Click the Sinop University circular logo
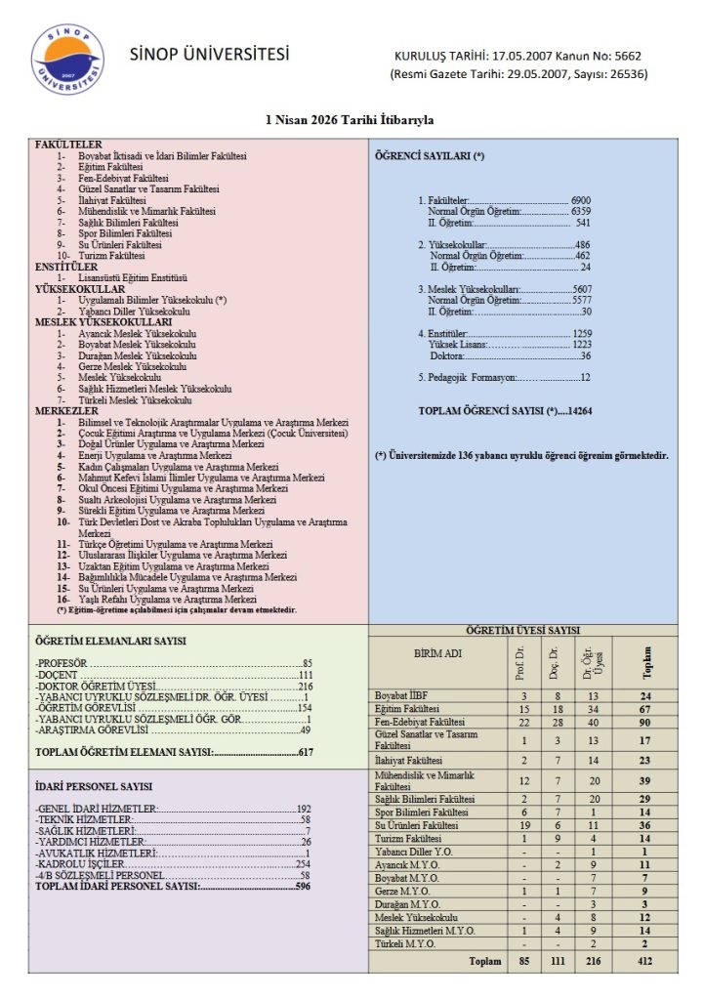click(67, 60)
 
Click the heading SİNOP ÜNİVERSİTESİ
click(210, 54)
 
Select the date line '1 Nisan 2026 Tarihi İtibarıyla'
click(351, 120)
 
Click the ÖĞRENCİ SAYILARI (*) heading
click(430, 156)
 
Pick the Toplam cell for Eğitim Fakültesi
click(645, 708)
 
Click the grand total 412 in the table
click(645, 961)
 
